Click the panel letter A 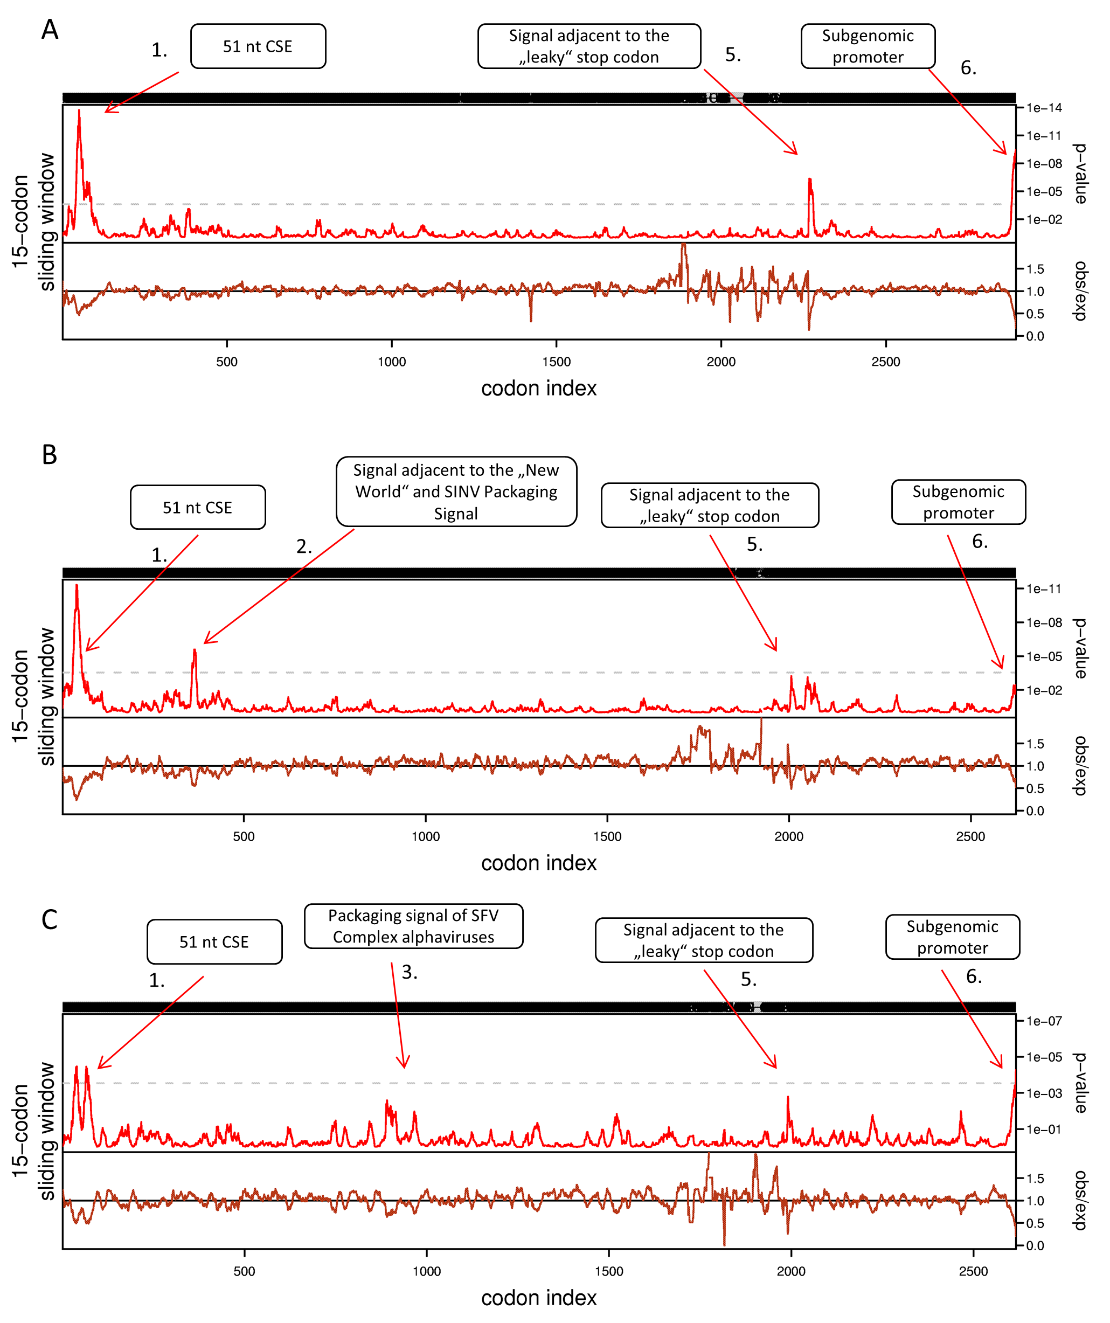pos(50,30)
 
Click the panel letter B pos(50,455)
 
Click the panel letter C pos(50,920)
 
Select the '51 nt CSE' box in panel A pos(258,46)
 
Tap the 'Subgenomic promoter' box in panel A pos(868,46)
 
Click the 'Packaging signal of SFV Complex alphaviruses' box pos(413,926)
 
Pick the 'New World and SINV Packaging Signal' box pos(456,491)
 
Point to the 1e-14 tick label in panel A pos(1044,108)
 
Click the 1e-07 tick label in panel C pos(1044,1021)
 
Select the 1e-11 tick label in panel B pos(1044,589)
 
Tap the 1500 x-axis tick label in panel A pos(556,362)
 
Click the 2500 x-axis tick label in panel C pos(973,1271)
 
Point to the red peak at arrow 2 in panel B pos(195,652)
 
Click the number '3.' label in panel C pos(410,972)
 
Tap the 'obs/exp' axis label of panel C pos(1081,1200)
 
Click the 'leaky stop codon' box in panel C pos(704,940)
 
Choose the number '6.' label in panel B pos(980,541)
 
